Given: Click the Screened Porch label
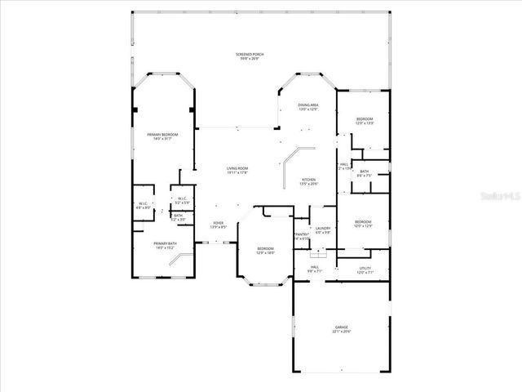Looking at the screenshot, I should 251,56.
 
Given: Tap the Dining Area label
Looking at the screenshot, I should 307,107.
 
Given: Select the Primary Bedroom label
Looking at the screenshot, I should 162,136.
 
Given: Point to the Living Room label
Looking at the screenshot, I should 237,171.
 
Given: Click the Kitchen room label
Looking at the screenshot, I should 309,181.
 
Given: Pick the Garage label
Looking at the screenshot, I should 340,329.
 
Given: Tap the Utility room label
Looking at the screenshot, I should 365,270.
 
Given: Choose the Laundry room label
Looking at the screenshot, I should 323,230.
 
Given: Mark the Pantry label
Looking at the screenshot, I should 302,236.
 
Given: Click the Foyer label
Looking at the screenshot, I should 219,225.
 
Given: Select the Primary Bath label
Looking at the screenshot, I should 166,245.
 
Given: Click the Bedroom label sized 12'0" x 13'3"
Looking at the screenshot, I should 365,122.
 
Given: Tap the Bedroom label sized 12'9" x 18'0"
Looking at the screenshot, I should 266,251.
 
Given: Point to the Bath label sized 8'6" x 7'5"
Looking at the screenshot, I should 365,173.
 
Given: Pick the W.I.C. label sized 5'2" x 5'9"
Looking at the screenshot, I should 181,201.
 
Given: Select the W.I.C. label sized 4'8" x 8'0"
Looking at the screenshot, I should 143,206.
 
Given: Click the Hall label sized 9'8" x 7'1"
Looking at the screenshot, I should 315,269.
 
